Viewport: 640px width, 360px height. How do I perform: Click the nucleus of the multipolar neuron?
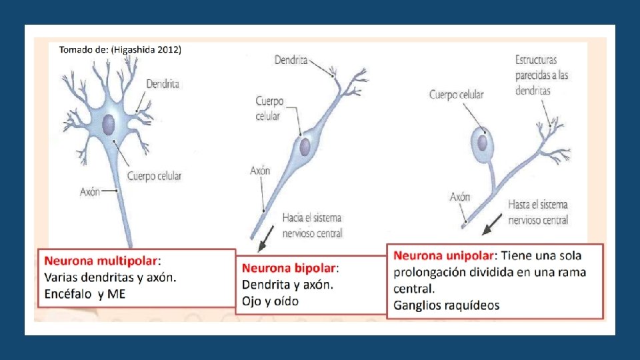(109, 123)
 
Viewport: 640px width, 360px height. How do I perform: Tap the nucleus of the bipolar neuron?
(305, 146)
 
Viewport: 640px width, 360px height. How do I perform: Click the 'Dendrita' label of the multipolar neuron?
(163, 84)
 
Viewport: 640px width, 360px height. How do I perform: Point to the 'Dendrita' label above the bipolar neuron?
(291, 61)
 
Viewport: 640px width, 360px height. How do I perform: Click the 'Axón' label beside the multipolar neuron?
(90, 192)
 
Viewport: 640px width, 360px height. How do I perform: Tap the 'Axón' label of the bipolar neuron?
(260, 171)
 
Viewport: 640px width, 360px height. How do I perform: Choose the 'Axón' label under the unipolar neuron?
(460, 197)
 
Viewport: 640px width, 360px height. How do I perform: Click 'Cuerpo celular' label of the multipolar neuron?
(154, 176)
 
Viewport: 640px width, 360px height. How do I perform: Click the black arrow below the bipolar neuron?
(267, 236)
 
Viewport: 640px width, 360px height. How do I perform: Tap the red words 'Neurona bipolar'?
(289, 268)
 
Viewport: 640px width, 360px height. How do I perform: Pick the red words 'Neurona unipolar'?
(443, 255)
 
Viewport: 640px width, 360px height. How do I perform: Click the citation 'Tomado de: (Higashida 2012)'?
(120, 49)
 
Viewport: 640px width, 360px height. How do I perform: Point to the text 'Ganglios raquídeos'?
(446, 306)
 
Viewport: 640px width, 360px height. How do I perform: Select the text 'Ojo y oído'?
(270, 301)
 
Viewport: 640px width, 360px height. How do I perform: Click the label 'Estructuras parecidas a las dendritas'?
(541, 75)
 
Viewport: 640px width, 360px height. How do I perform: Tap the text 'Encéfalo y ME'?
(85, 294)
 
